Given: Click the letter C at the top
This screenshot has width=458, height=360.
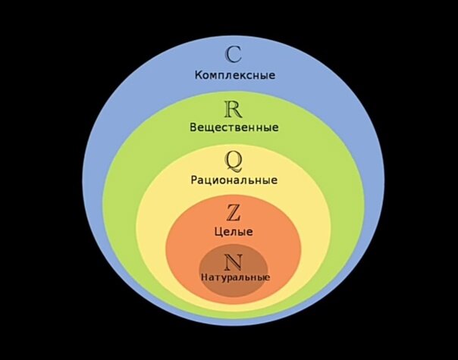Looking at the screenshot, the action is click(234, 54).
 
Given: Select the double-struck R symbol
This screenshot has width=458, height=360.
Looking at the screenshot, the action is click(234, 108).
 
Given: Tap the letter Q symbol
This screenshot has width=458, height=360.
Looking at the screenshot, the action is click(234, 161).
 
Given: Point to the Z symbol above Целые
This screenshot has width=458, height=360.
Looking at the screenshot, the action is click(234, 212).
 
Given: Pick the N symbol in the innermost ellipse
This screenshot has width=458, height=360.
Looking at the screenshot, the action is click(234, 262).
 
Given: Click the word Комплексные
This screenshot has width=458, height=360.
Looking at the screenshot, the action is click(234, 75).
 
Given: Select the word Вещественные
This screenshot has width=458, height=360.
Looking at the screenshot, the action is click(234, 127).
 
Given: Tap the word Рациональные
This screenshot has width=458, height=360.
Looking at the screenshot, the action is click(234, 180).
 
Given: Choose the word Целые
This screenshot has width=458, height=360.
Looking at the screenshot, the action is click(234, 231).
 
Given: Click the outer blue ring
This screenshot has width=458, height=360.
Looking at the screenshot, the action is click(114, 114).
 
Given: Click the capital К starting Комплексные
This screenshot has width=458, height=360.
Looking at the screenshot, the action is click(199, 75).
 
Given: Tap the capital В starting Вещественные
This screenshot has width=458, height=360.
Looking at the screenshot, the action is click(193, 127).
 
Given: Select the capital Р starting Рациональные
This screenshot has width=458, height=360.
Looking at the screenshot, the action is click(195, 180).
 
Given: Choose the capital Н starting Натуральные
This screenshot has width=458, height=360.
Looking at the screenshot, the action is click(205, 278).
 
